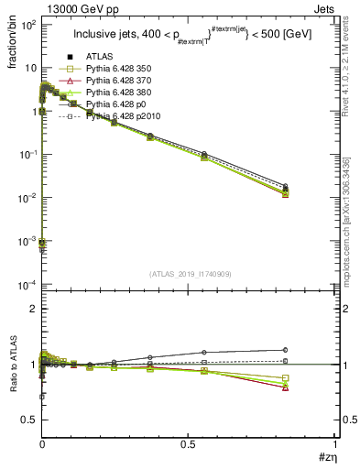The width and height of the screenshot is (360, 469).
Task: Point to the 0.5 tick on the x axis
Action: [189, 444]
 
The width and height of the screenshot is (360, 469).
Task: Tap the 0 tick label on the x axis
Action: [42, 444]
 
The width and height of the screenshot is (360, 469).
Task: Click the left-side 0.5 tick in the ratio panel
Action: [30, 420]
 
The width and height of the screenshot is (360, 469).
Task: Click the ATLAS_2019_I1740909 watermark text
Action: [190, 274]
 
